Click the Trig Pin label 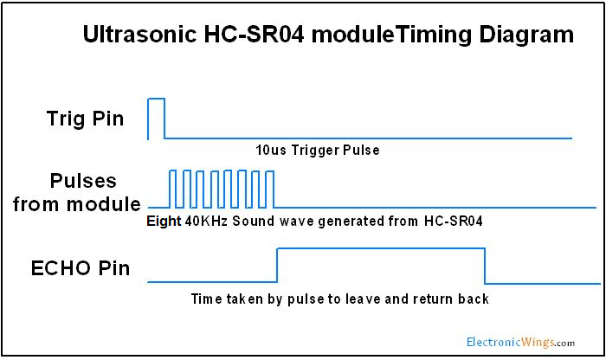(x=85, y=119)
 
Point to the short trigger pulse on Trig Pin (x=156, y=100)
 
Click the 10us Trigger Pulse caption (x=318, y=150)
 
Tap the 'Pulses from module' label (x=83, y=193)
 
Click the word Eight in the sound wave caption (x=164, y=222)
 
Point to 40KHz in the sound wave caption (x=204, y=222)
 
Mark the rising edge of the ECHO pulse (x=276, y=265)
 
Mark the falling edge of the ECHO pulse (x=484, y=265)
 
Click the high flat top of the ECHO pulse (x=380, y=248)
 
